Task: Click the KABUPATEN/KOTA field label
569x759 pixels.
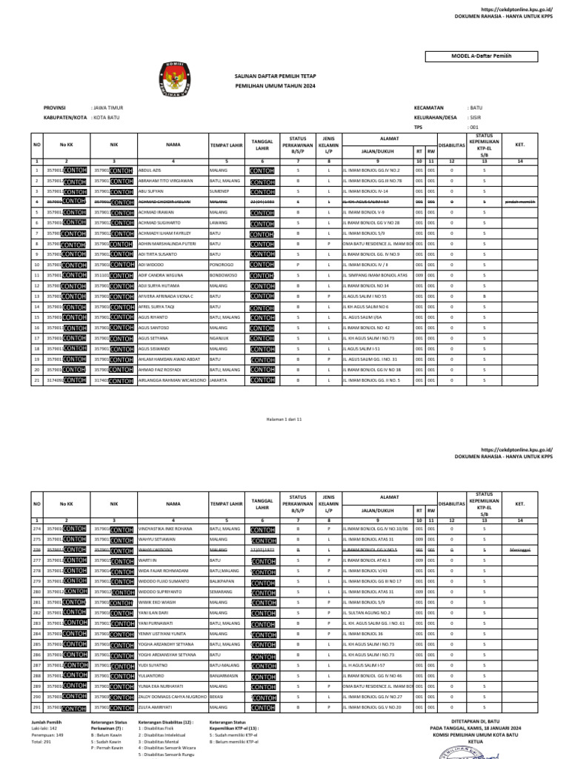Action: [x=64, y=117]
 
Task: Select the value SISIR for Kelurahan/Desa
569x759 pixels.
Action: [x=475, y=117]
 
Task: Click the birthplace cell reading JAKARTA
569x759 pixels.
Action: [x=218, y=379]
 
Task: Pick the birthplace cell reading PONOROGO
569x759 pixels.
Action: [x=222, y=264]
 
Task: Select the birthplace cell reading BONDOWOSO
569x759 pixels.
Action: [x=223, y=274]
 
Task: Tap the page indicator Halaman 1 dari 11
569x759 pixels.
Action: [x=284, y=419]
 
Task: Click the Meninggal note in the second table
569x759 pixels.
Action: [x=519, y=550]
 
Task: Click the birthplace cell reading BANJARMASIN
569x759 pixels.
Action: [x=224, y=675]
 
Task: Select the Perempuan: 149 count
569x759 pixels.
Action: [x=47, y=734]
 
